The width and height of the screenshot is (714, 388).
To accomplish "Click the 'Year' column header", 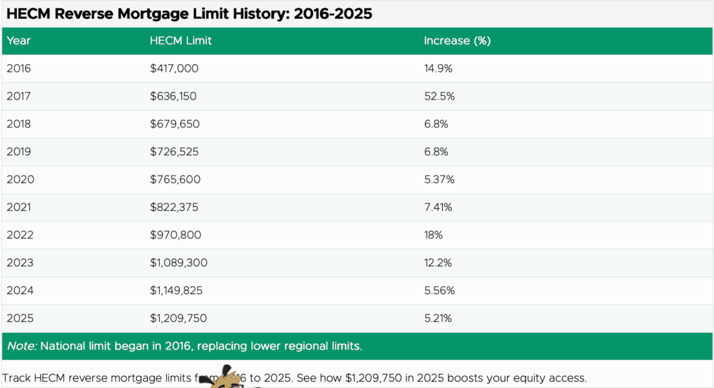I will coord(19,40).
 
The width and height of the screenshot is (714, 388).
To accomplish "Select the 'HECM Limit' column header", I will coord(181,40).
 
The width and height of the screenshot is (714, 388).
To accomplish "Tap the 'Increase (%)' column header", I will coord(457,40).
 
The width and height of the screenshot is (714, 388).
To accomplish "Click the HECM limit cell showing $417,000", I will coord(174,68).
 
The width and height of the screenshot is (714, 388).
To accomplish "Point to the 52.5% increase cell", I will coord(439,96).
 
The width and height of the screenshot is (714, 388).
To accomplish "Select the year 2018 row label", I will coord(19,124).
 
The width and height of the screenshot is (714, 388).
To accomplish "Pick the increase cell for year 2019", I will coord(436,152).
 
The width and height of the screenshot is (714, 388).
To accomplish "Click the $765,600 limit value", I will coord(175,180).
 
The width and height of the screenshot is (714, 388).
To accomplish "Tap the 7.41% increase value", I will coord(439,208).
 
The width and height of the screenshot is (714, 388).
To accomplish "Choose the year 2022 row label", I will coord(20,235).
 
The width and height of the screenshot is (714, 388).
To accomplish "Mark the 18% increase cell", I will coord(434,235).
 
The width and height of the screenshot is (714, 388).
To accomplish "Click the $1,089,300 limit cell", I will coord(178,263).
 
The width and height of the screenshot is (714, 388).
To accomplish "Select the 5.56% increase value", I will coord(439,291).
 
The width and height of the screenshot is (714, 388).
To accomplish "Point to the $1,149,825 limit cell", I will coord(176,291).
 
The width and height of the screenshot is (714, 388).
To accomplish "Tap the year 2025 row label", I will coord(20,318).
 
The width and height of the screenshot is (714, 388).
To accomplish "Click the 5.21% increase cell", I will coord(439,318).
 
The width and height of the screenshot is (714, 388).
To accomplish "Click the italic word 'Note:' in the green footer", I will coord(22,346).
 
